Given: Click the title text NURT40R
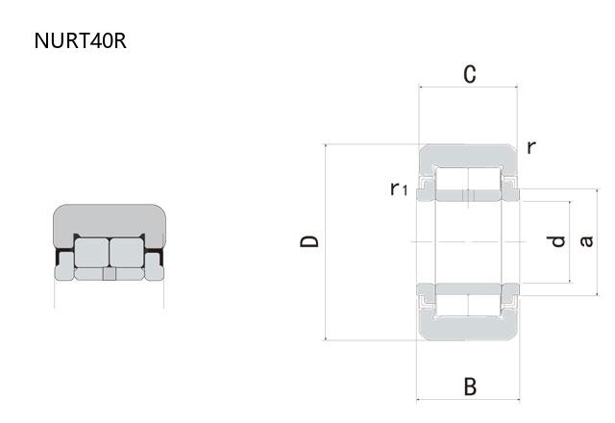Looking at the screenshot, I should coord(79,41).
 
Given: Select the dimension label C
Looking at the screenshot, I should coord(469,75).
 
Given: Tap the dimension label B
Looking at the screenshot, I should coord(469,386).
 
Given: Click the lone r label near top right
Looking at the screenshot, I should coord(530,147).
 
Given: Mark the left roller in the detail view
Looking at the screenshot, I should coord(90,252).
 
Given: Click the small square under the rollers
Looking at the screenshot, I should coord(109,274).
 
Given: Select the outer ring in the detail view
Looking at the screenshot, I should coord(109,218).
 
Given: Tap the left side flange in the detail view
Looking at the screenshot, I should coord(64,272).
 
